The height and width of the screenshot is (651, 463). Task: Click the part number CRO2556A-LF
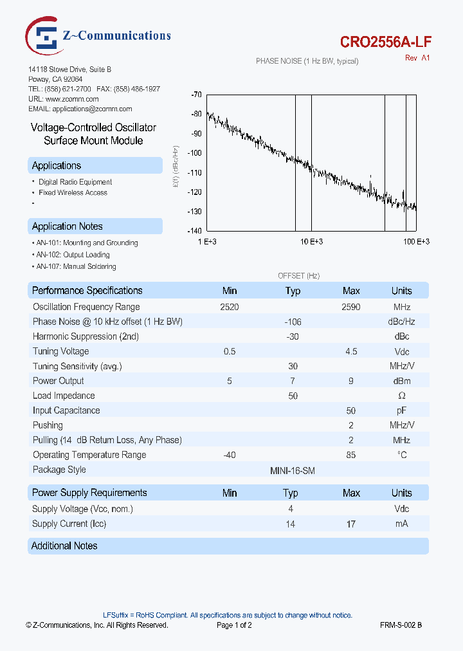385,42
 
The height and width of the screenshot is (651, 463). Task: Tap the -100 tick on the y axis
194,153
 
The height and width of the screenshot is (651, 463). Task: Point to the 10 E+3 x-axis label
311,241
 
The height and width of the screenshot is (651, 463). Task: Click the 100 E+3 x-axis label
416,241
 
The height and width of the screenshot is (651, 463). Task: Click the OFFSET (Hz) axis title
298,275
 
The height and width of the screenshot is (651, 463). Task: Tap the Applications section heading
57,166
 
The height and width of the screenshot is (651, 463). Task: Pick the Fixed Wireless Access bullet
73,192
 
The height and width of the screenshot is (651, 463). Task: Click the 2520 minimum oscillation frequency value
229,307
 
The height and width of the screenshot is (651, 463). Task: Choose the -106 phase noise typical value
293,322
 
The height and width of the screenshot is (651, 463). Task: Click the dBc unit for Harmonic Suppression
401,336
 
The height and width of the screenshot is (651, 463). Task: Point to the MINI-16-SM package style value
293,470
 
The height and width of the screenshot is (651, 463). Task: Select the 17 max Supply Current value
351,524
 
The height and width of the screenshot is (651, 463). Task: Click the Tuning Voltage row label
61,351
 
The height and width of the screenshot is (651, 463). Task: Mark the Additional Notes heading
64,546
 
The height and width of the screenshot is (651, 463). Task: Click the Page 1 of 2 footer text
234,625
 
